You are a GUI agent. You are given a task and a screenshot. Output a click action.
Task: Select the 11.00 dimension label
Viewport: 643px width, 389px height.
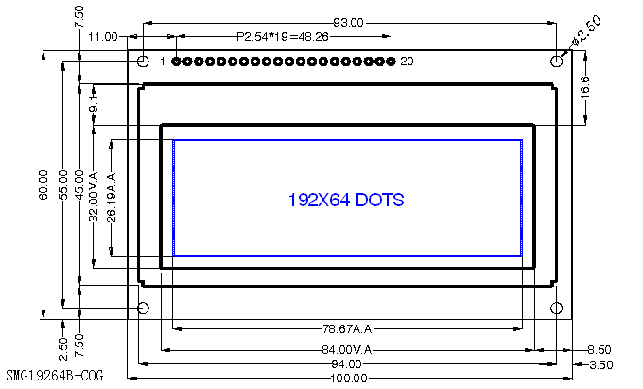(102, 37)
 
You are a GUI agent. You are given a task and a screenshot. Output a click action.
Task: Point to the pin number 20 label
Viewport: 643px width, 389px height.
(407, 62)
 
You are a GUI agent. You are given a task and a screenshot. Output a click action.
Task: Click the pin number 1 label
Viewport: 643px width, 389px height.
(163, 62)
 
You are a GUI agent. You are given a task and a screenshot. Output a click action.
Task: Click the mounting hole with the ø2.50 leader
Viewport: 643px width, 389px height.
(557, 62)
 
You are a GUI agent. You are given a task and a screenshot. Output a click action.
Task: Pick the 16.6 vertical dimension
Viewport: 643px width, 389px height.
(585, 87)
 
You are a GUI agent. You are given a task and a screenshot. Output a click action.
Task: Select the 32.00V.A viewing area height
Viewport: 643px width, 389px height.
(93, 195)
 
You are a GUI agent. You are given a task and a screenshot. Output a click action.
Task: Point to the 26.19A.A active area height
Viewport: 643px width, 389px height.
(112, 197)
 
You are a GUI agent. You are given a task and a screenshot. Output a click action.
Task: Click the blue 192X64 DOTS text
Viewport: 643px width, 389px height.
(345, 200)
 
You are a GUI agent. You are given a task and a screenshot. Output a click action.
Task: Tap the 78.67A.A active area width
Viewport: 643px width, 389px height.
(347, 329)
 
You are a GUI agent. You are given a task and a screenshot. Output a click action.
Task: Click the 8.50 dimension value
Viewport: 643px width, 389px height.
(599, 349)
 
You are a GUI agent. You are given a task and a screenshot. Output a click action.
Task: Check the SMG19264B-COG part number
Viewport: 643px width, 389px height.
(54, 376)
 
